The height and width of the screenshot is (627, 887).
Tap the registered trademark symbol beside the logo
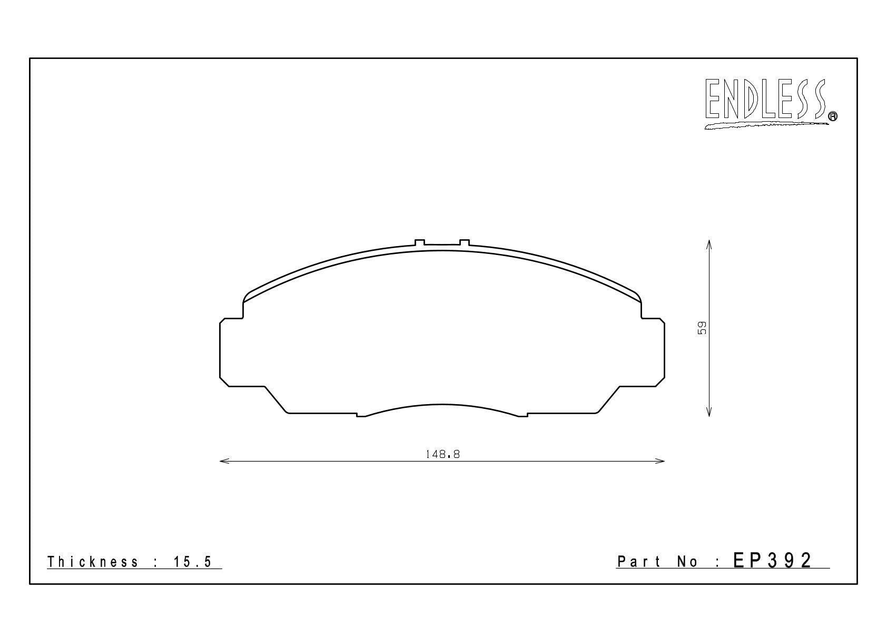[x=833, y=116]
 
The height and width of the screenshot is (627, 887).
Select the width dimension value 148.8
[x=442, y=454]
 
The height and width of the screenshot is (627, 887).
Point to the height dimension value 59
[x=702, y=328]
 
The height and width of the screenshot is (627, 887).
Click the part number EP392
[x=773, y=561]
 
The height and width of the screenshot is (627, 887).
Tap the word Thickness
[x=93, y=562]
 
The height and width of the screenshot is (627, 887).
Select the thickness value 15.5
[x=193, y=562]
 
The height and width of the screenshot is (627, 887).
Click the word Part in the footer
[x=639, y=561]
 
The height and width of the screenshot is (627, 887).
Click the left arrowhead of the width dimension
[x=224, y=461]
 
